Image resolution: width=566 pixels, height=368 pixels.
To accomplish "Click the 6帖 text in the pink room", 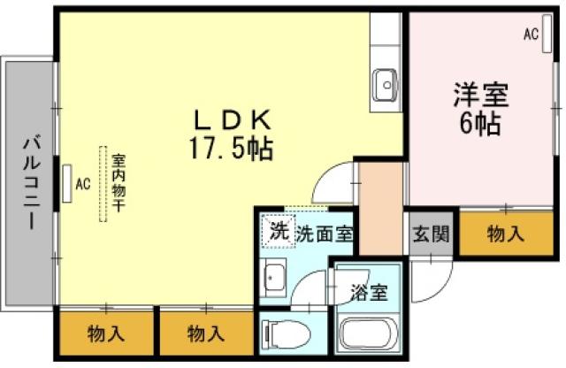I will (480, 122).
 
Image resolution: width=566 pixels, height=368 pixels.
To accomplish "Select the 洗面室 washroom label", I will (325, 234).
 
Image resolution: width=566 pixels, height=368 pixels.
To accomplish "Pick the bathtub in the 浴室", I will (370, 336).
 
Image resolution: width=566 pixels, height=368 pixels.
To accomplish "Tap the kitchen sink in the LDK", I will (386, 86).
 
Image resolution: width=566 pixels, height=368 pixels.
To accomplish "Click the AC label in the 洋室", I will (531, 34).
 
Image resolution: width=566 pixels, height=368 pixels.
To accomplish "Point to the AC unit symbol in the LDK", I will (68, 182).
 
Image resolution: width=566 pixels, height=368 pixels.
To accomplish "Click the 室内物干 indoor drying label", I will (117, 184).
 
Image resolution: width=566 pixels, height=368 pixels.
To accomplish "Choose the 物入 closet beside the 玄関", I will (505, 234).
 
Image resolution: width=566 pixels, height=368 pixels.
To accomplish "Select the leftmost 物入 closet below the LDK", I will (106, 333).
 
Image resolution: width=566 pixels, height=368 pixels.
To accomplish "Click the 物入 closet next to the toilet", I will (205, 333).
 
